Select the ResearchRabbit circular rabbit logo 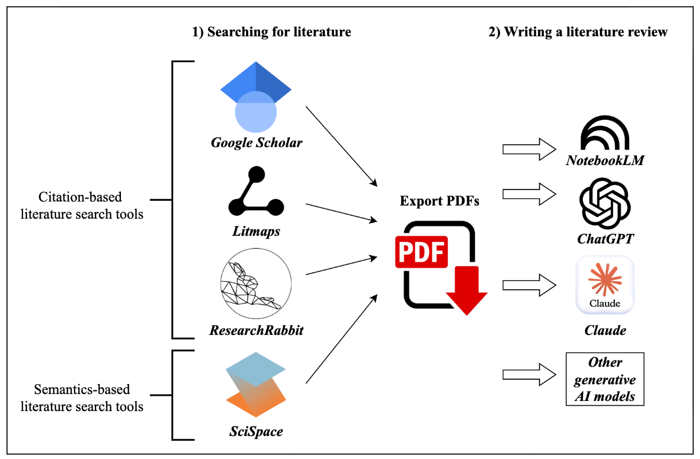pyautogui.click(x=256, y=282)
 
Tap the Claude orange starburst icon pyautogui.click(x=605, y=279)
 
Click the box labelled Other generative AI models pyautogui.click(x=605, y=380)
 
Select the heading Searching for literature pyautogui.click(x=272, y=32)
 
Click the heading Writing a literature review pyautogui.click(x=578, y=32)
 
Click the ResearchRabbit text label pyautogui.click(x=256, y=330)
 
